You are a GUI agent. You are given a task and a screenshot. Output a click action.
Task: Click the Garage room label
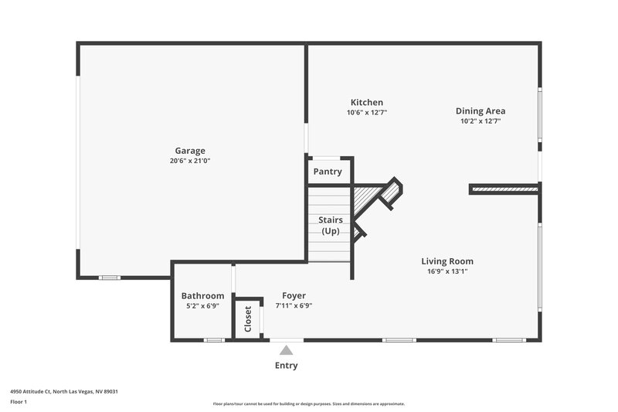190,151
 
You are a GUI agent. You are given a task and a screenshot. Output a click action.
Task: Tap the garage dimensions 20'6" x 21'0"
190,161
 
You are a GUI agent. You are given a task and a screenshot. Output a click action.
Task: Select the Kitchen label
366,102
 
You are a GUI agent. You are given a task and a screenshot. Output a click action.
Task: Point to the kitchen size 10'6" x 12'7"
366,112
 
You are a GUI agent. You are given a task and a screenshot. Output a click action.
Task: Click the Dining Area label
480,111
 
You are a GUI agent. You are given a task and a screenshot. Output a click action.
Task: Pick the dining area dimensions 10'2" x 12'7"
480,121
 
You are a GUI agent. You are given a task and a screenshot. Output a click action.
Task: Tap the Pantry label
328,172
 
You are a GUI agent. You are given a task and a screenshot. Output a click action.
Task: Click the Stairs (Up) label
331,226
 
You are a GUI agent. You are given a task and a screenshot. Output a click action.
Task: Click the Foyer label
294,295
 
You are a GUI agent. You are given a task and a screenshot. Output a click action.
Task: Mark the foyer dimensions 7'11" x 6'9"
294,305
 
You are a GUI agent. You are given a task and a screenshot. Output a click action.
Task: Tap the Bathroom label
202,295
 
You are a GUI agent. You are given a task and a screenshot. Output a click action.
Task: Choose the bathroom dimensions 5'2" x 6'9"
202,305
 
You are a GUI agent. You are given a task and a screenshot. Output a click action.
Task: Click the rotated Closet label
248,318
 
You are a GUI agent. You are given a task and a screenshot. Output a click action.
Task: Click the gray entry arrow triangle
287,350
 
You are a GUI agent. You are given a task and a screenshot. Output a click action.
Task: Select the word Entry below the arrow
286,366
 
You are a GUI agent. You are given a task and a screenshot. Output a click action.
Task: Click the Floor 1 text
19,402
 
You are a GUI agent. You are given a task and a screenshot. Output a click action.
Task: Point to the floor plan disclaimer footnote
309,403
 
